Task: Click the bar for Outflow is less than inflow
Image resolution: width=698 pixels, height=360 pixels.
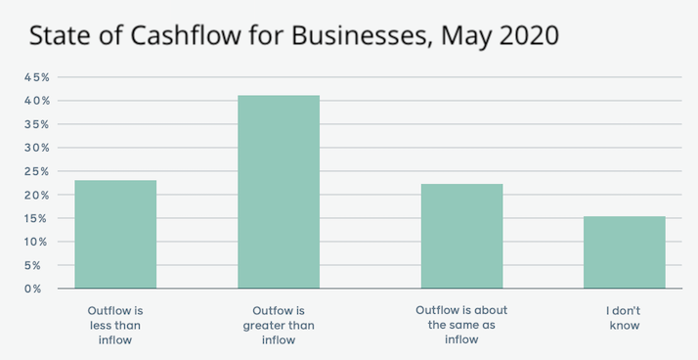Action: point(115,235)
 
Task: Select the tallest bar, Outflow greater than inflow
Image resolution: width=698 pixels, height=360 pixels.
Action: point(279,192)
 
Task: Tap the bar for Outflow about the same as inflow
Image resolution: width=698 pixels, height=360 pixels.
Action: point(461,237)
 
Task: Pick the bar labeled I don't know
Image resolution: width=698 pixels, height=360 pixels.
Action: point(624,252)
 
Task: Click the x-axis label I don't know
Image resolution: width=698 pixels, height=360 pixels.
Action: point(624,317)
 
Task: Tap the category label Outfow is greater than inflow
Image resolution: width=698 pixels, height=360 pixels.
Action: point(279,325)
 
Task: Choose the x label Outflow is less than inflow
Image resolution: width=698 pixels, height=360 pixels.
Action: point(115,325)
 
